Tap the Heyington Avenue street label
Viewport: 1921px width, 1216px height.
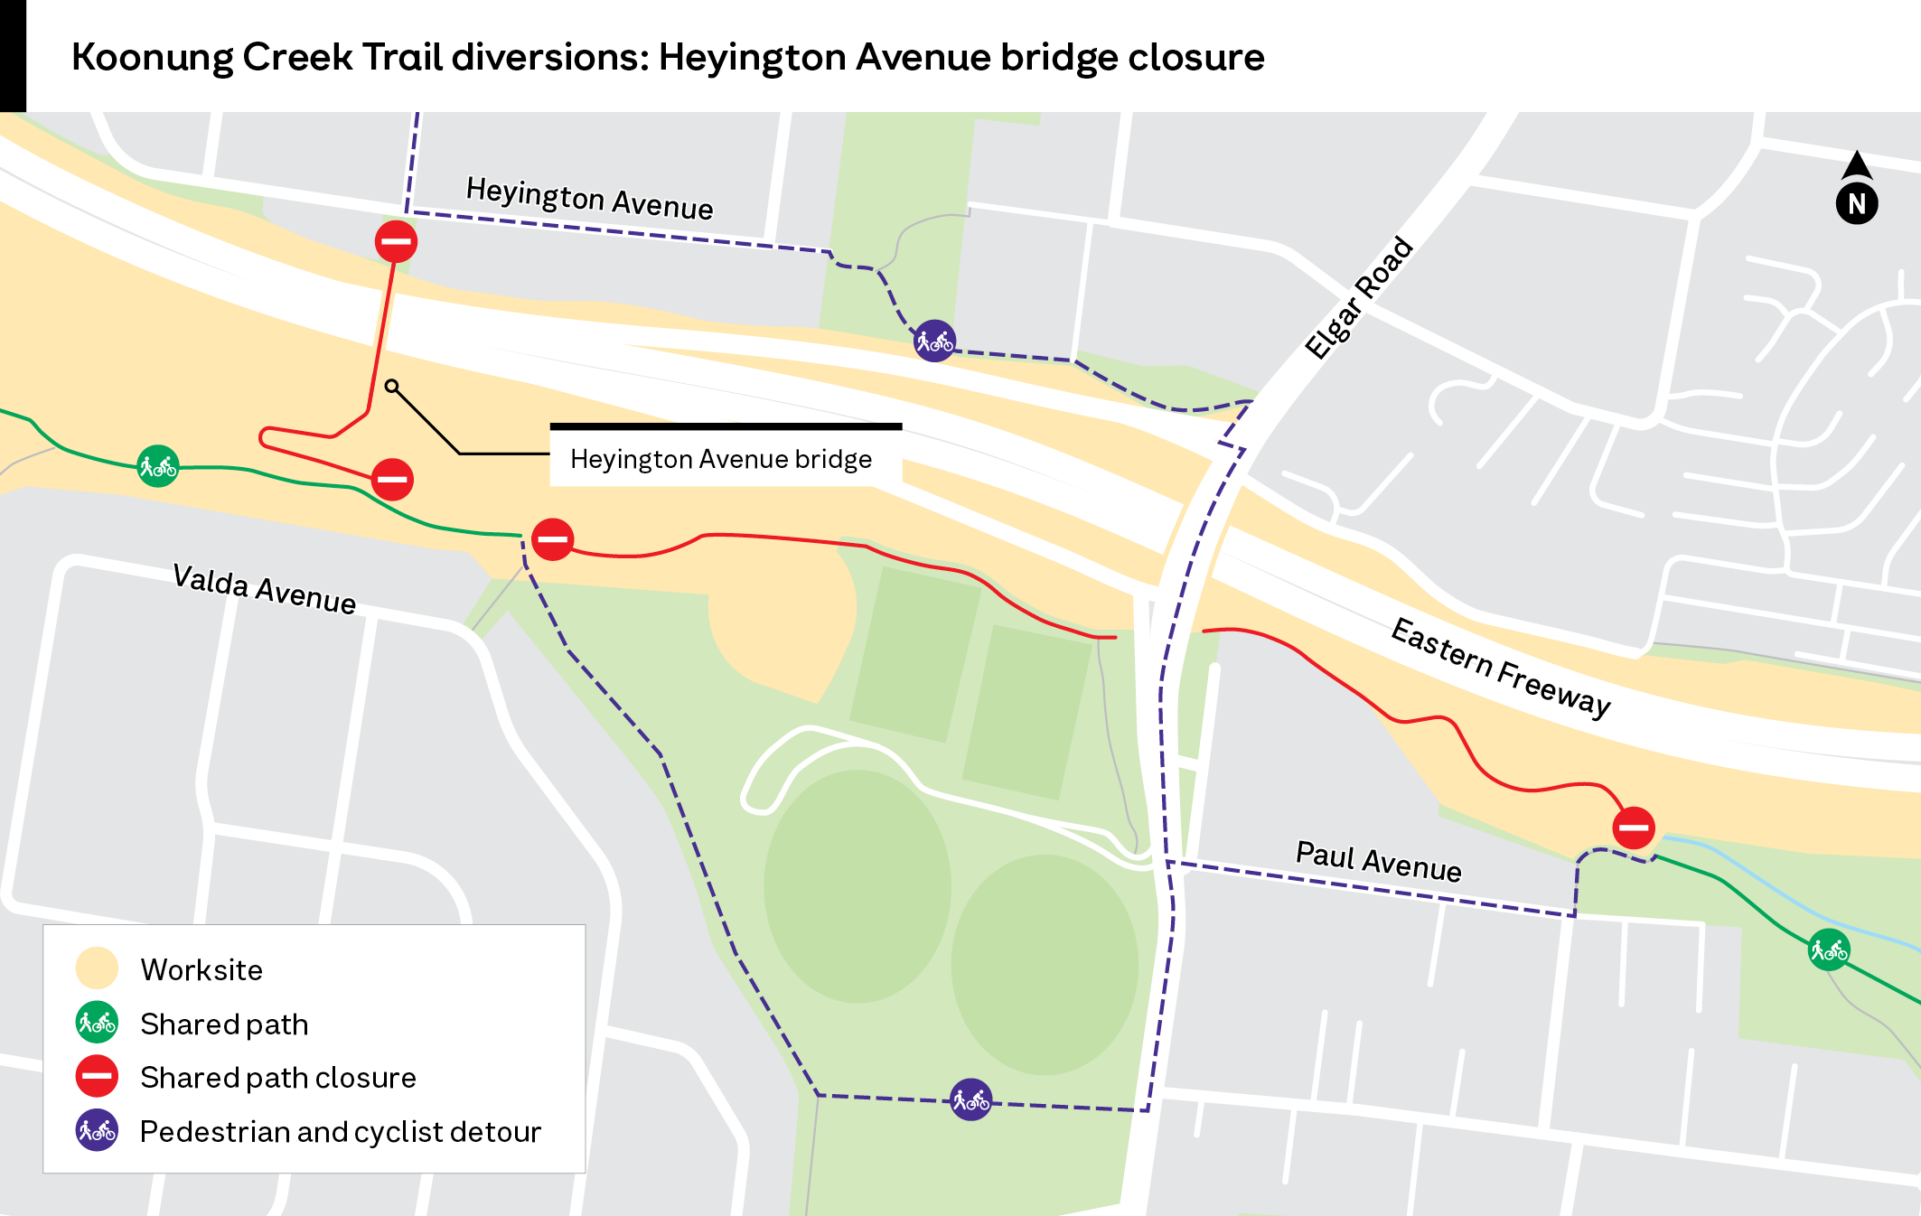pyautogui.click(x=589, y=199)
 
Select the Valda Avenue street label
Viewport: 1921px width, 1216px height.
pyautogui.click(x=265, y=588)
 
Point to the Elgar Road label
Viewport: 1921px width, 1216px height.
pyautogui.click(x=1358, y=297)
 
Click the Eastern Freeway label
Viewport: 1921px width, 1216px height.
pyautogui.click(x=1500, y=668)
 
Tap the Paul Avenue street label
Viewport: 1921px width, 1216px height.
pyautogui.click(x=1378, y=861)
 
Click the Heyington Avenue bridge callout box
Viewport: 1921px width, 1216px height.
pyautogui.click(x=721, y=459)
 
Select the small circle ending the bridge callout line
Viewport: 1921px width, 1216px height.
pyautogui.click(x=391, y=387)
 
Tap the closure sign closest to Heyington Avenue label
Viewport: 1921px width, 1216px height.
pyautogui.click(x=396, y=241)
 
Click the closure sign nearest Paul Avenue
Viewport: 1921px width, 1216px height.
pyautogui.click(x=1633, y=828)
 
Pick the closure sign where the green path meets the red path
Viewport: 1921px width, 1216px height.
pyautogui.click(x=552, y=539)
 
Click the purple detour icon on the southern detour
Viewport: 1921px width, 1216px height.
pyautogui.click(x=970, y=1099)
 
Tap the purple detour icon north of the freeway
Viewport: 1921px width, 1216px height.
pyautogui.click(x=934, y=341)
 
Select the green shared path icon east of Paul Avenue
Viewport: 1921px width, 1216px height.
pyautogui.click(x=1829, y=950)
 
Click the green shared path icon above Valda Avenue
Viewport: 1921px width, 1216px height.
pyautogui.click(x=158, y=466)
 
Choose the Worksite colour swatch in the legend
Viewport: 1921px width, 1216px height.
pyautogui.click(x=97, y=968)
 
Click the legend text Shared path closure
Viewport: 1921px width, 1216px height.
pyautogui.click(x=278, y=1077)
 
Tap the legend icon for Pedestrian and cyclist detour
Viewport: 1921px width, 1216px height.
pyautogui.click(x=97, y=1130)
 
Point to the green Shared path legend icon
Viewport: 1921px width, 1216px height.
pyautogui.click(x=97, y=1023)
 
